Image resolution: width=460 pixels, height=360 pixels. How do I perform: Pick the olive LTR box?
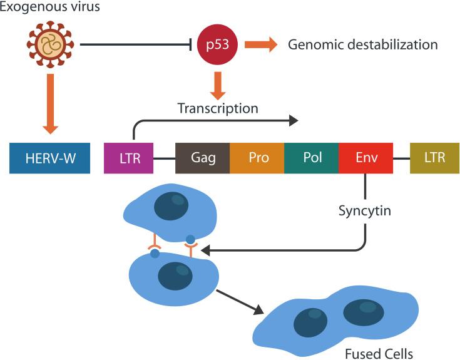[434, 157]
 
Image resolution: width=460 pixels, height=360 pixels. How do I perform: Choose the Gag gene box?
[202, 157]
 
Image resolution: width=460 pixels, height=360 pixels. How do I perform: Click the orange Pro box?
[257, 157]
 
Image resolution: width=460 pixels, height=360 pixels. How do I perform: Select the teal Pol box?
[312, 157]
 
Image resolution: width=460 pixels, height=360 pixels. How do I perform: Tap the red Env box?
[365, 157]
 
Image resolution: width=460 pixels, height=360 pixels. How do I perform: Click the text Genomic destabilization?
[362, 45]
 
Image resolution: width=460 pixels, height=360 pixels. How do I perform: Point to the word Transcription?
[217, 108]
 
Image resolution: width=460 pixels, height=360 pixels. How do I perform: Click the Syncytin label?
[365, 210]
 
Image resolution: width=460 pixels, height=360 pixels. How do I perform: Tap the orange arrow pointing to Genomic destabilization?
[260, 44]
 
